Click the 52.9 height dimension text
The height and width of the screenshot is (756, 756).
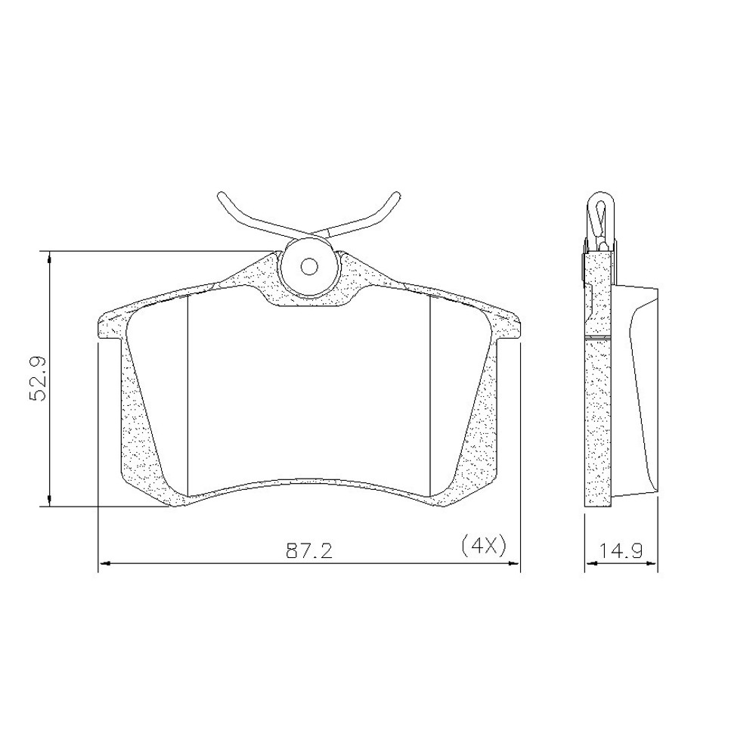(37, 378)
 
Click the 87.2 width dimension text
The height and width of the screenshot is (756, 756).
(309, 550)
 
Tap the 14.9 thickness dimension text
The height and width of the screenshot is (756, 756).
(621, 550)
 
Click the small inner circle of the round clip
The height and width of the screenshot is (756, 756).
(308, 266)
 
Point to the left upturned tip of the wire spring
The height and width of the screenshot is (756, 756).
(222, 196)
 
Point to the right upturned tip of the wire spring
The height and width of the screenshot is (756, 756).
(396, 196)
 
